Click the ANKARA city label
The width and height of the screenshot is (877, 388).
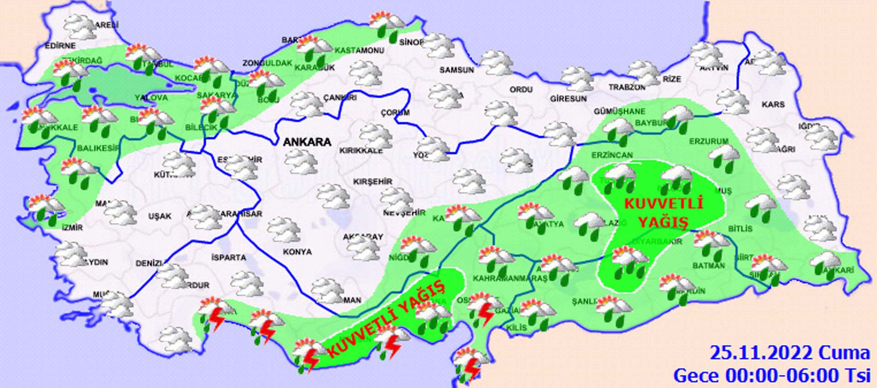(307, 142)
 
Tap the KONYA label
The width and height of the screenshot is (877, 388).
(297, 252)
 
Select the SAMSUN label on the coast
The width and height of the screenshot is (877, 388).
(457, 70)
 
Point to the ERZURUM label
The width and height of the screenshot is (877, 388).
(708, 142)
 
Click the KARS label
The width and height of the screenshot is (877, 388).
(773, 105)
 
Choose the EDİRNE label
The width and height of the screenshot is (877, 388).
(60, 46)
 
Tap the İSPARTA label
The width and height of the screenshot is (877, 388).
(229, 258)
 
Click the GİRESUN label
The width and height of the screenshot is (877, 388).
(568, 99)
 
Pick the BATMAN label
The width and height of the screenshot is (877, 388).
(708, 266)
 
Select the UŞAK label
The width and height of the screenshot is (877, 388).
(159, 216)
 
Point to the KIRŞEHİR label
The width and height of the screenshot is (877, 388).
(373, 182)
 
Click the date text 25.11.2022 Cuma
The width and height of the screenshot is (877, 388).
(789, 353)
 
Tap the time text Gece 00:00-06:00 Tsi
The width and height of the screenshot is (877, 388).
(771, 376)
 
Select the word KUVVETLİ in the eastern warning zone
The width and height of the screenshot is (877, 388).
(663, 204)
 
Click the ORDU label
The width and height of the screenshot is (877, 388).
(521, 90)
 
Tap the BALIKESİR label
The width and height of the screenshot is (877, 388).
(98, 148)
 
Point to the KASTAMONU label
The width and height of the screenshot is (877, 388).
(359, 51)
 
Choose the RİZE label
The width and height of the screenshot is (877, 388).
(672, 79)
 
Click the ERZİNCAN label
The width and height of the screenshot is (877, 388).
(612, 155)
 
